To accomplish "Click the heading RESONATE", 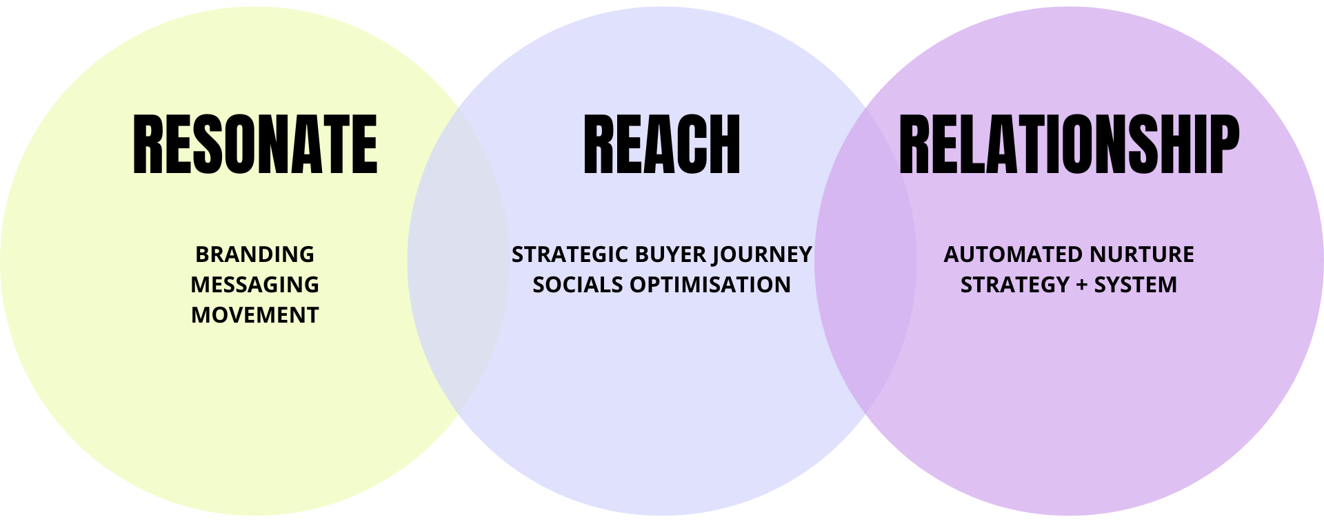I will (x=255, y=144).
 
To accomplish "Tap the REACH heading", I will (x=661, y=144).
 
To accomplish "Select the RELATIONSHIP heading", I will (x=1069, y=144).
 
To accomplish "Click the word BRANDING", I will (x=254, y=254).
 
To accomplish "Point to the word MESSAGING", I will (x=254, y=285).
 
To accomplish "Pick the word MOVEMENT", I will (x=254, y=315).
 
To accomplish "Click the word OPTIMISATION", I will (x=710, y=285).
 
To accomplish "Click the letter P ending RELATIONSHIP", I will (x=1223, y=144).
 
